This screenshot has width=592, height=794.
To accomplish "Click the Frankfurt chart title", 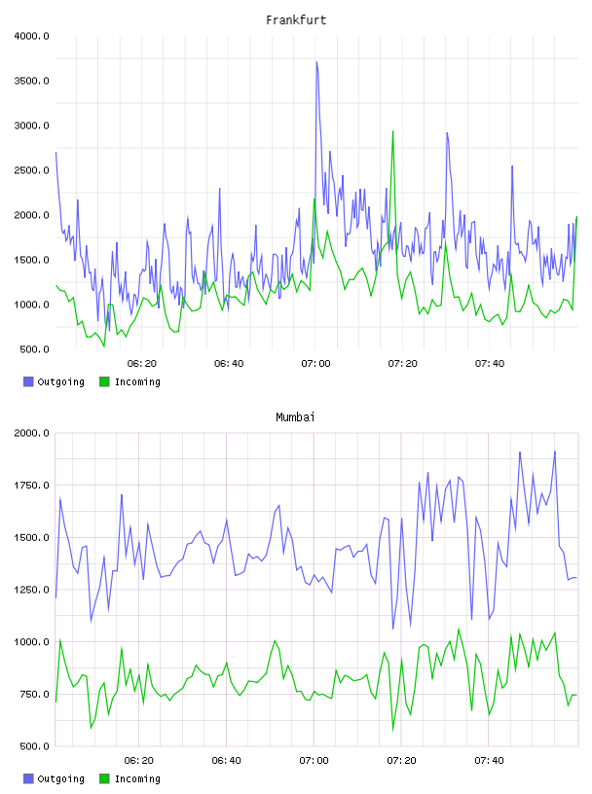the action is tap(296, 20).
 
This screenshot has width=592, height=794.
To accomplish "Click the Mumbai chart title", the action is tap(295, 417).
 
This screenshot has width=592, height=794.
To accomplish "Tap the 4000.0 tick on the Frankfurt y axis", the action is tap(32, 36).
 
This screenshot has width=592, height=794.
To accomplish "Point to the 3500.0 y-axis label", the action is tap(32, 81).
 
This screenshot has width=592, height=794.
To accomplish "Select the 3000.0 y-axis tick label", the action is tap(32, 126).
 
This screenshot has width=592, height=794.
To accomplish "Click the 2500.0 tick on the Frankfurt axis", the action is tap(32, 170).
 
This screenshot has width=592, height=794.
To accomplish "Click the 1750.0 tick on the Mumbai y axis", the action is tap(32, 486).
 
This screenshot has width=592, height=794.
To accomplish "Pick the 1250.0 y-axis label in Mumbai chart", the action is tap(32, 590).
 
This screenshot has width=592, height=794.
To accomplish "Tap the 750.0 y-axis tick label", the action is tap(34, 694).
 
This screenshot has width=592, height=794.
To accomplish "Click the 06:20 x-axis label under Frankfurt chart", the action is tap(142, 364).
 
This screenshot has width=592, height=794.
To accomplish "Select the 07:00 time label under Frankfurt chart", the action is tap(315, 364).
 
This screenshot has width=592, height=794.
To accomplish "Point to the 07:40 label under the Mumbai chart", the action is tap(489, 761).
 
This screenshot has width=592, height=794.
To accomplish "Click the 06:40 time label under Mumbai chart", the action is tap(227, 761).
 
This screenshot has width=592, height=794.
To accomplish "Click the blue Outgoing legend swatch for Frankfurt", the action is tap(28, 381).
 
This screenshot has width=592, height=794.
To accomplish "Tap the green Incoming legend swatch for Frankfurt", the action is tap(104, 381).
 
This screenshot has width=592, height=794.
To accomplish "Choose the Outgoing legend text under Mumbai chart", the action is tap(60, 778).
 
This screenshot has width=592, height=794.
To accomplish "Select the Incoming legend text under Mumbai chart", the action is tap(137, 778).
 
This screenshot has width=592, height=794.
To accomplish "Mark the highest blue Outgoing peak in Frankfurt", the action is tap(316, 62).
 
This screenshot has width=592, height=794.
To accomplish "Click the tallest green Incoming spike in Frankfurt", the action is tap(392, 131).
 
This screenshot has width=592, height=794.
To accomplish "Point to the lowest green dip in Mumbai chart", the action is tap(392, 730).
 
